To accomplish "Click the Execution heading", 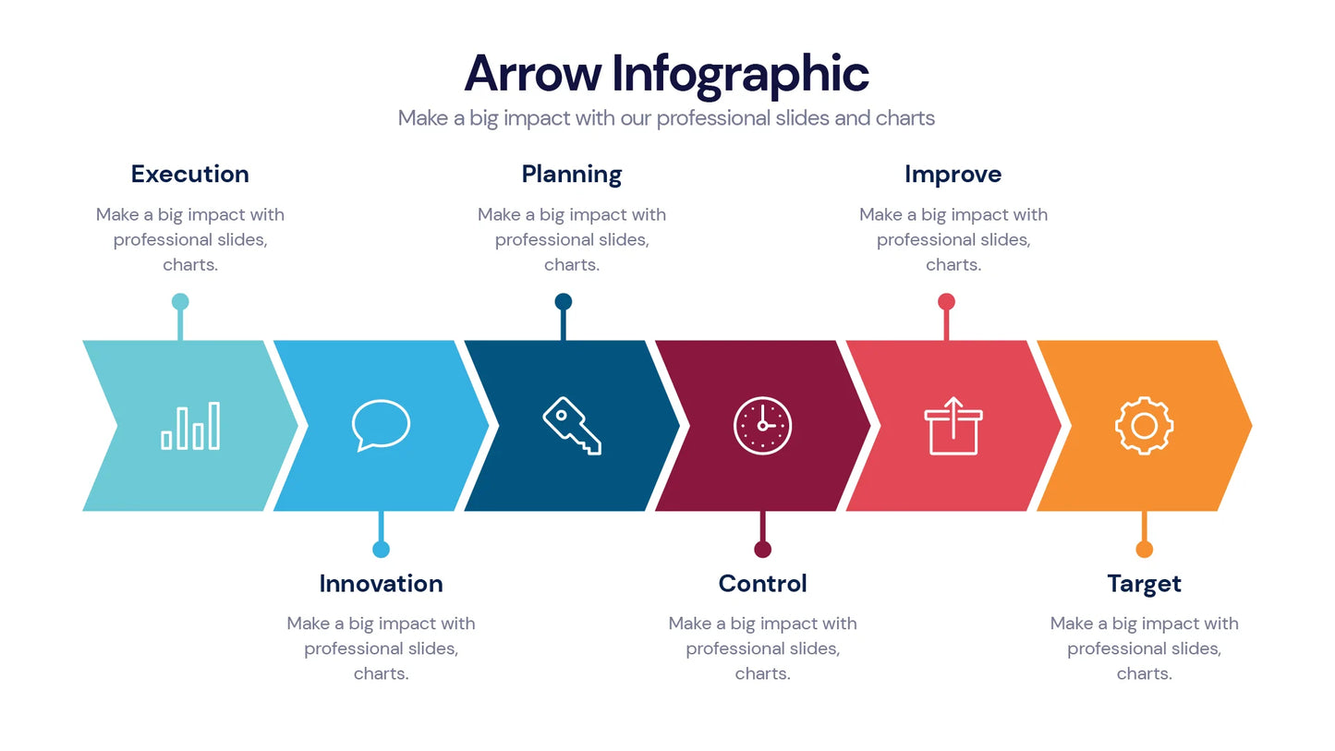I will click(189, 174).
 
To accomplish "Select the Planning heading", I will click(571, 174).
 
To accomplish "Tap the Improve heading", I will click(953, 174).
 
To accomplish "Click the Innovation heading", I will click(381, 583).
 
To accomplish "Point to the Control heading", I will click(762, 583).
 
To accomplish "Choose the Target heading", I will click(1144, 583).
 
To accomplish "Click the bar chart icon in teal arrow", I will click(190, 426).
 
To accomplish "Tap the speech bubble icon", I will click(381, 425).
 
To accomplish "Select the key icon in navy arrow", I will click(572, 426).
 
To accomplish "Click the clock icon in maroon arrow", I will click(762, 426).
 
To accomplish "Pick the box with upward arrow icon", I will click(953, 426).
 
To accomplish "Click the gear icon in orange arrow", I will click(1144, 426).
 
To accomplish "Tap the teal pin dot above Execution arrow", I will click(180, 301).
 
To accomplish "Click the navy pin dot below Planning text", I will click(564, 301).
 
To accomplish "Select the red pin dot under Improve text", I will click(946, 301).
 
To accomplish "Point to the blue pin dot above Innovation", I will click(381, 550).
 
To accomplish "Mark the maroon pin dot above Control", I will click(762, 550).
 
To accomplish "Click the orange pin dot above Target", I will click(1144, 550).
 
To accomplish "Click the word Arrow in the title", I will click(532, 74).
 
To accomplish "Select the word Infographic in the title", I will click(741, 74).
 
